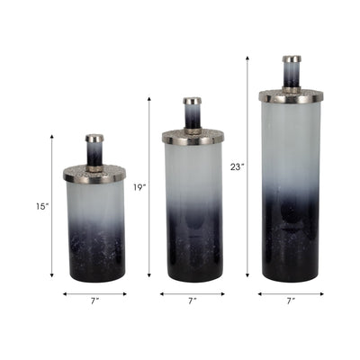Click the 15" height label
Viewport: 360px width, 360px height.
pos(41,206)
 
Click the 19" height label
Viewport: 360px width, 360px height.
pos(139,187)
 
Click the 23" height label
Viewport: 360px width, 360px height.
pos(237,166)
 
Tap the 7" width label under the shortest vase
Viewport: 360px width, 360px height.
pos(94,301)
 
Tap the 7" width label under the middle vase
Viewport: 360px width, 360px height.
pos(193,301)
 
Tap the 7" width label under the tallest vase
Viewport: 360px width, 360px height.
pos(290,301)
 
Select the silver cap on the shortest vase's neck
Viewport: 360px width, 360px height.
pos(94,139)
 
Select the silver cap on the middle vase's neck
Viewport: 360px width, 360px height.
pos(193,101)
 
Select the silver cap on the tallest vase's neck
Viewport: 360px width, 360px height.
pos(291,59)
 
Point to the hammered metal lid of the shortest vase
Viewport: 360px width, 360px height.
pos(94,171)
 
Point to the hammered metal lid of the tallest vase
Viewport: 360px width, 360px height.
pos(291,94)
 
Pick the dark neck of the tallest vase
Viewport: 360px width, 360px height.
pos(291,77)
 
